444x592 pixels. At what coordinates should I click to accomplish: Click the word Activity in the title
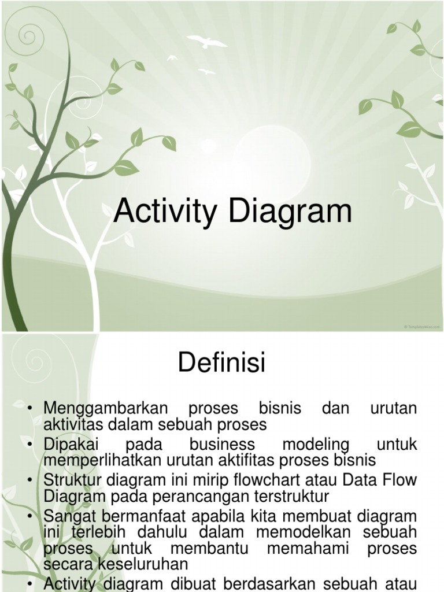click(x=168, y=212)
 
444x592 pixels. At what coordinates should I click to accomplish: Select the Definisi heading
click(x=221, y=364)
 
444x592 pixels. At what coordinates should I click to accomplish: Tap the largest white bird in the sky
click(x=206, y=41)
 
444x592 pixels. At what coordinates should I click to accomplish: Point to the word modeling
click(x=316, y=445)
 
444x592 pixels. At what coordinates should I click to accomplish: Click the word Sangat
click(x=69, y=516)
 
